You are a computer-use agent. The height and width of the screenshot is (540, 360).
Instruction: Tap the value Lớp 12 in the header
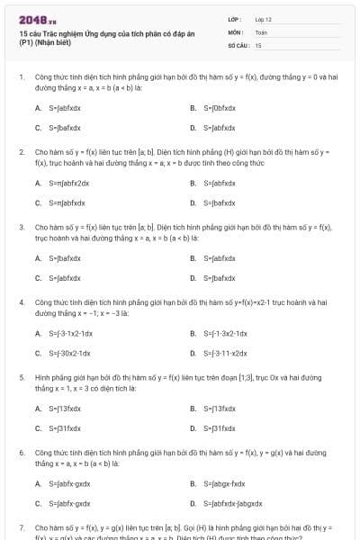[263, 19]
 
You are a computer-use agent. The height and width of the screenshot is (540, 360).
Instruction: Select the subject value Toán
[261, 31]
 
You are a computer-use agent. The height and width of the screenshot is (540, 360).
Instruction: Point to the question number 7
[22, 528]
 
